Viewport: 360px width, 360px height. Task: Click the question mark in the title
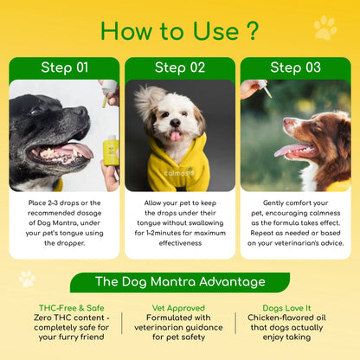pos(251,29)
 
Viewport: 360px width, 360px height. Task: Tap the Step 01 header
pos(64,67)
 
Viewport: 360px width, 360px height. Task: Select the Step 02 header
pos(179,67)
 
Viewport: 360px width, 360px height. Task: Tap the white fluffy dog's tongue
pos(177,135)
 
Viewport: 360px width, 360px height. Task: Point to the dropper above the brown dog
pos(260,89)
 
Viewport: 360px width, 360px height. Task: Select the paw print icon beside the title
pos(325,28)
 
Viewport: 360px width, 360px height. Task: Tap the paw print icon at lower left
pos(28,279)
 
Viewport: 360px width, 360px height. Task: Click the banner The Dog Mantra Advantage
pos(179,282)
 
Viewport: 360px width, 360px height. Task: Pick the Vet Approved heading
pos(180,307)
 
